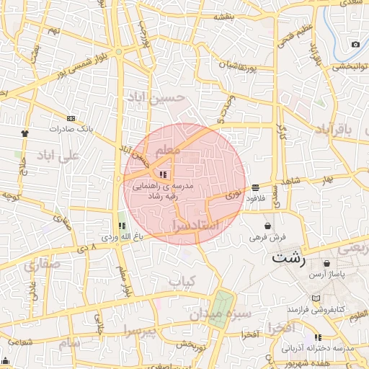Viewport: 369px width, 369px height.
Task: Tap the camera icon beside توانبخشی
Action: coord(355,45)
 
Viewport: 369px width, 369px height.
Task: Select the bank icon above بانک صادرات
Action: coord(71,117)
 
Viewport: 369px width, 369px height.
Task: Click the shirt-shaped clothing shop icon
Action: coord(25,133)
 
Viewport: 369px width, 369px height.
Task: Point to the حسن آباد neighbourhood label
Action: coord(154,97)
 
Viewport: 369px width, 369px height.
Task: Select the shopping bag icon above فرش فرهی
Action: coord(268,226)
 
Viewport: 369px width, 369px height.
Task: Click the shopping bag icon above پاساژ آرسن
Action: coord(328,264)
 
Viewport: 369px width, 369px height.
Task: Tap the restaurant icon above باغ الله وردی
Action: coord(121,226)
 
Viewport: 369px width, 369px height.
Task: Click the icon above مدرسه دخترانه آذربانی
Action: coord(318,337)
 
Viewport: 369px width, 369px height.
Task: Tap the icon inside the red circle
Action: coord(163,174)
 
